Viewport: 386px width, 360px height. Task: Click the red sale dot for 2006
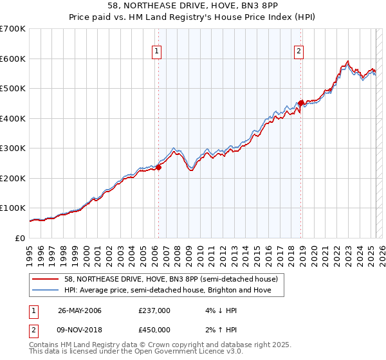pyautogui.click(x=158, y=167)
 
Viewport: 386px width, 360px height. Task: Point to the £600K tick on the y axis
pyautogui.click(x=13, y=59)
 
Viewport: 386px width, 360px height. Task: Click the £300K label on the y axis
pyautogui.click(x=13, y=148)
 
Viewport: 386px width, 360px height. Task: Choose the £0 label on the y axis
pyautogui.click(x=21, y=238)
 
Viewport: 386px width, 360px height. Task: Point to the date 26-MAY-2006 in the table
pyautogui.click(x=80, y=310)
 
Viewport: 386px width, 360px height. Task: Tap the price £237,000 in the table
pyautogui.click(x=154, y=310)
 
